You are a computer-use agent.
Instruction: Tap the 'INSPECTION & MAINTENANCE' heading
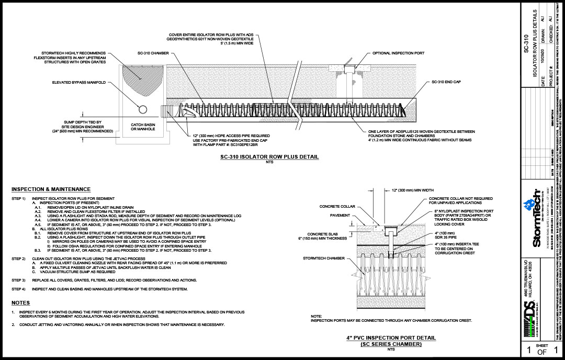(51, 189)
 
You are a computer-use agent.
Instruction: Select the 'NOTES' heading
(20, 303)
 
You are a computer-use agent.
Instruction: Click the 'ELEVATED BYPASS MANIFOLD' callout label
(79, 82)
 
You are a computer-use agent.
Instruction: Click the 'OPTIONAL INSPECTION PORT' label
(398, 53)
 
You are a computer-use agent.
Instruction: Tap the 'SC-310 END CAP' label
(446, 82)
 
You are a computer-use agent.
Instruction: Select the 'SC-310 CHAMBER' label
(153, 53)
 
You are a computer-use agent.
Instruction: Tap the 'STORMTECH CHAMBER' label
(323, 258)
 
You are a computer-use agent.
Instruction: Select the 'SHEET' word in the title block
(543, 346)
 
